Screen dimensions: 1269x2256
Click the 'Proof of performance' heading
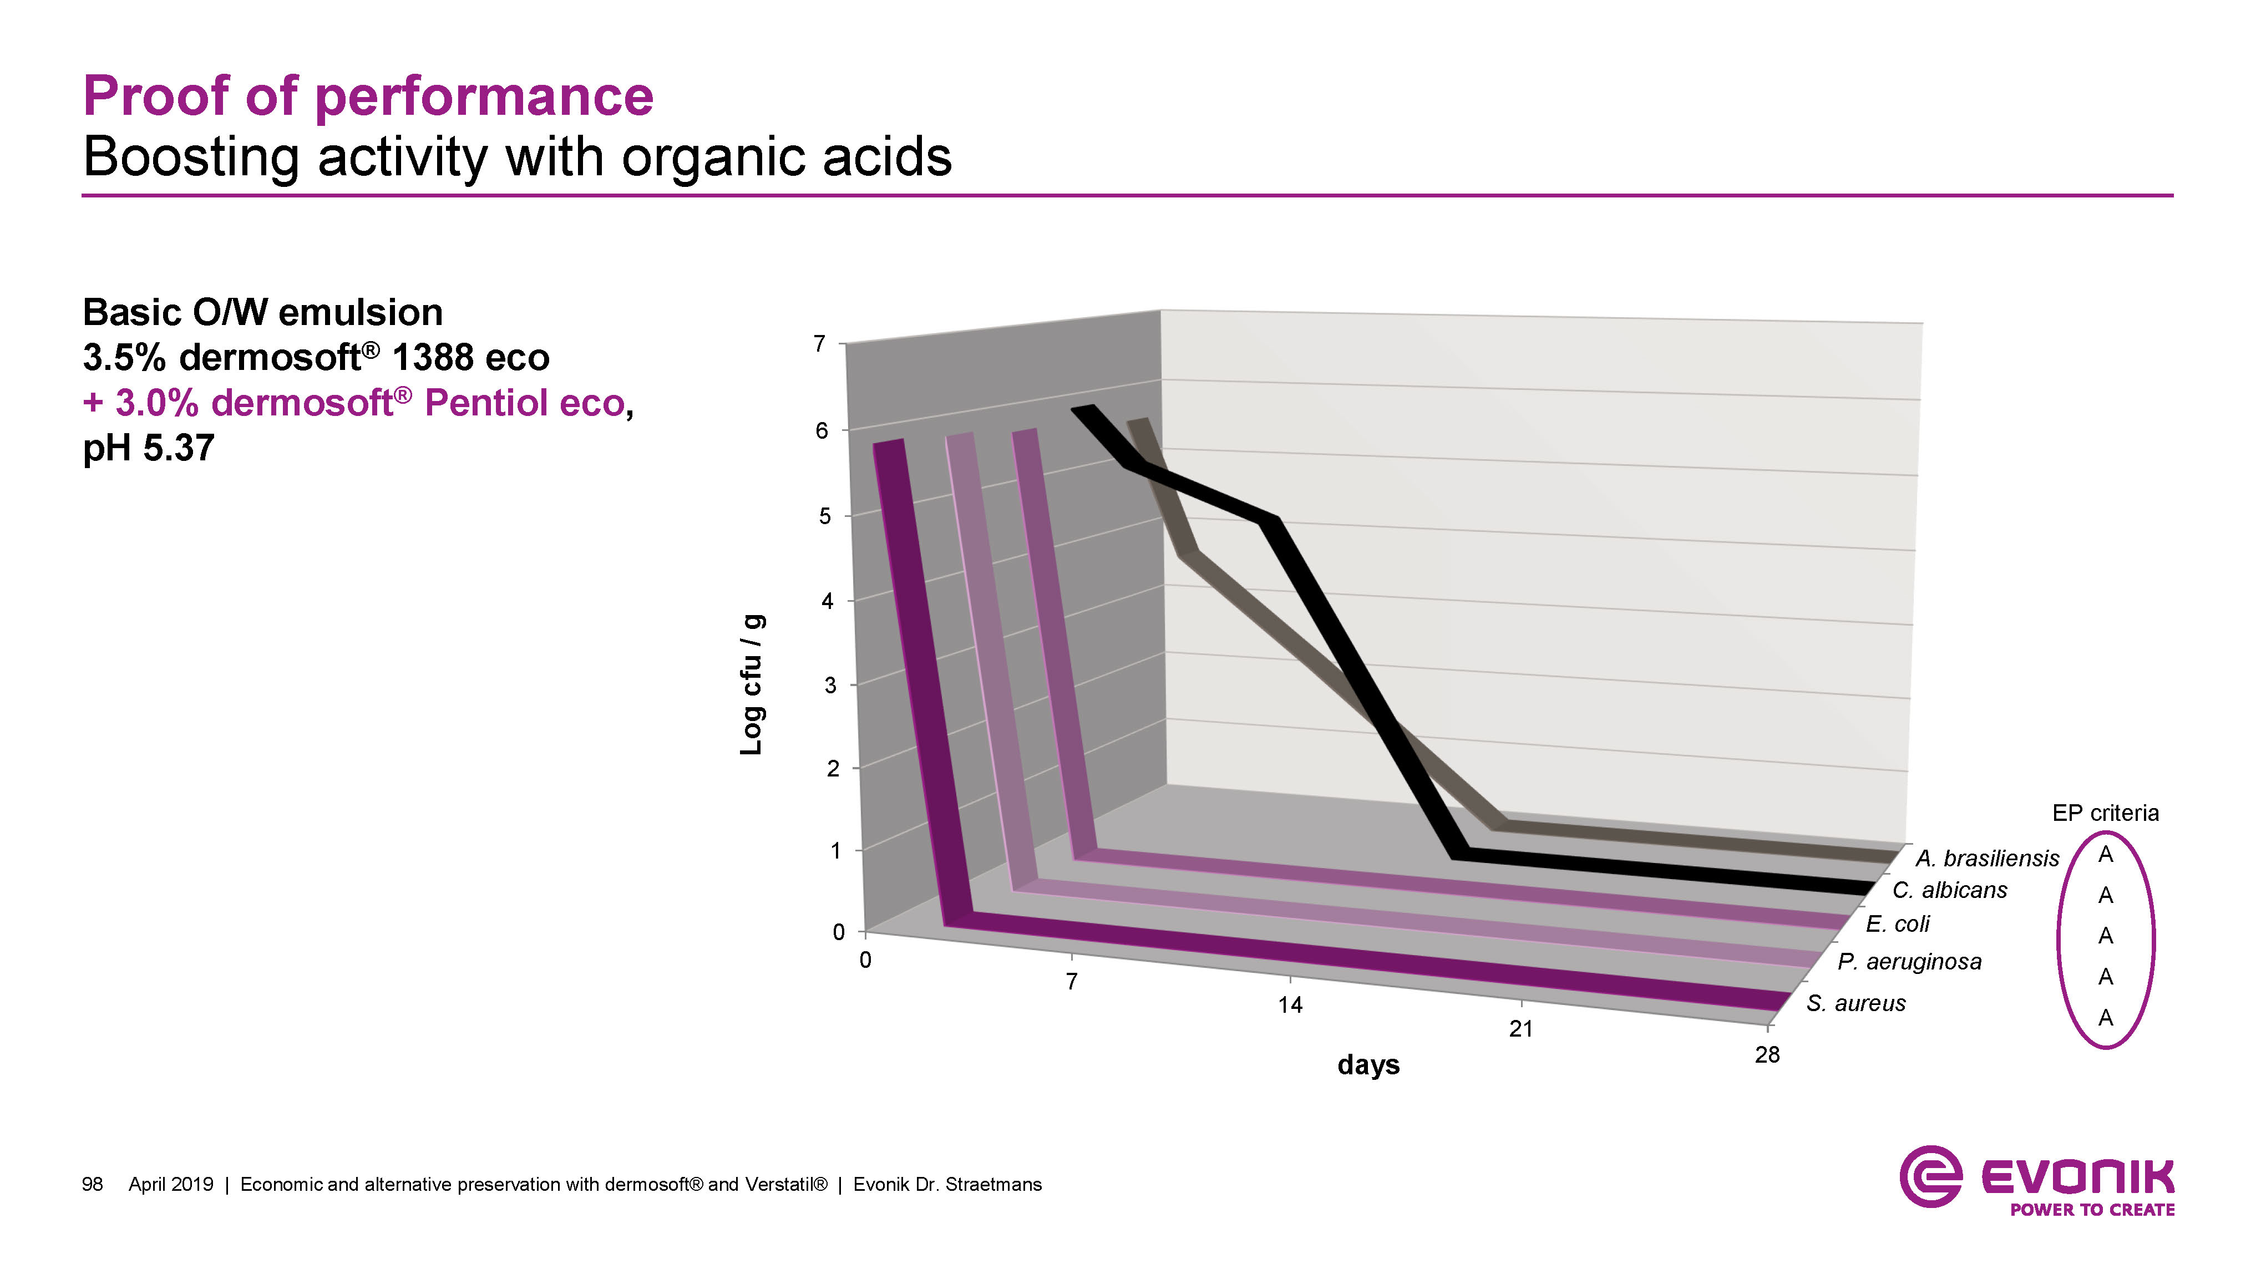(368, 97)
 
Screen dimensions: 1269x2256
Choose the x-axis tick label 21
(1520, 1029)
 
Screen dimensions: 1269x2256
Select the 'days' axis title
(1368, 1065)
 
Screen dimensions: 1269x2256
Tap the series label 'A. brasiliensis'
(1987, 858)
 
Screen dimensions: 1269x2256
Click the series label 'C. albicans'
(1949, 891)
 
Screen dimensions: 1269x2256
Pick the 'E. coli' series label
(1897, 924)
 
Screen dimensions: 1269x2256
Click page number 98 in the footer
(92, 1185)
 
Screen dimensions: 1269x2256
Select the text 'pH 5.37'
(148, 448)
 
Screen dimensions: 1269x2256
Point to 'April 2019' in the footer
(171, 1185)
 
